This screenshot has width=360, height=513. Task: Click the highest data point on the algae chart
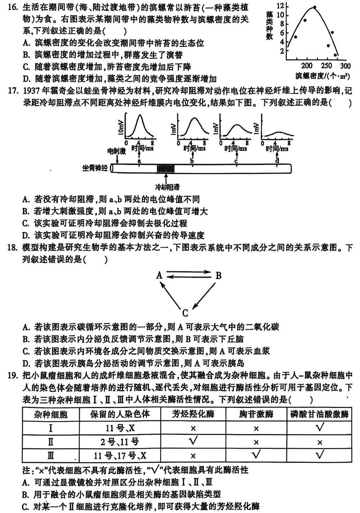314,7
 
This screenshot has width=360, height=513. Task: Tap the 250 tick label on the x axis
326,66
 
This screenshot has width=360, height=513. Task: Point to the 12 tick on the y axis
280,6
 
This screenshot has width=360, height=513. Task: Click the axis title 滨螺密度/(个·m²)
322,76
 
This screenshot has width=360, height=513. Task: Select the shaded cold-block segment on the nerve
166,169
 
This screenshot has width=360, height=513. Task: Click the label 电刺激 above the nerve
116,151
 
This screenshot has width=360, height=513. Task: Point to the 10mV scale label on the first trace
121,127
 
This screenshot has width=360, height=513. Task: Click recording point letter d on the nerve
277,160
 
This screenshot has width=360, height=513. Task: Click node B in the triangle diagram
218,276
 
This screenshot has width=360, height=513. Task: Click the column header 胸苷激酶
256,414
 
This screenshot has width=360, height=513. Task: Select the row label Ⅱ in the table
50,442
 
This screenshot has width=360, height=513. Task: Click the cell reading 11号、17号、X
120,455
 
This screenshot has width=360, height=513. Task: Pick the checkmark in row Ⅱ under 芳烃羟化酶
193,441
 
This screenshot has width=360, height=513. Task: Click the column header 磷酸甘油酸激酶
320,414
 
